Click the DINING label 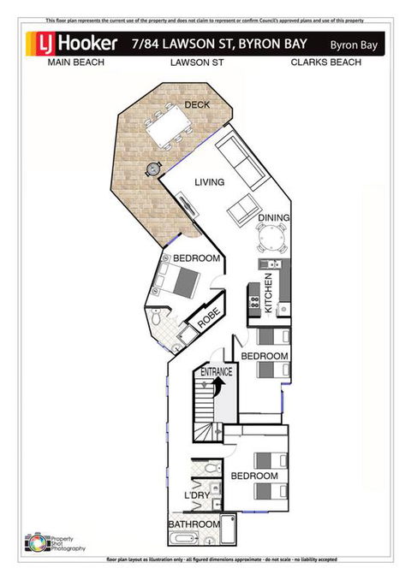tap(273, 218)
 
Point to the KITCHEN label tap(268, 294)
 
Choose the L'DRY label tap(197, 495)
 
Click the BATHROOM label tap(194, 524)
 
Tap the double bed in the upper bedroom tap(181, 279)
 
